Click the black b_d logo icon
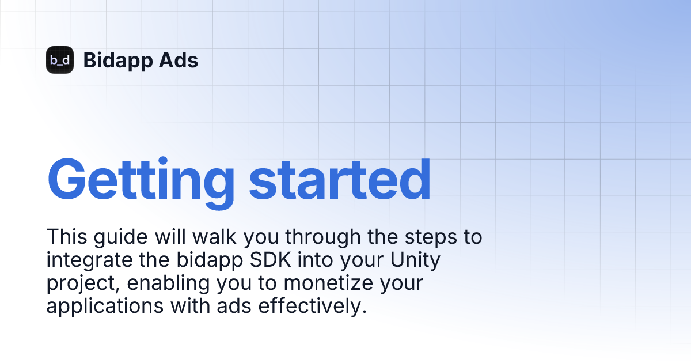[60, 60]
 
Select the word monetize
[308, 283]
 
